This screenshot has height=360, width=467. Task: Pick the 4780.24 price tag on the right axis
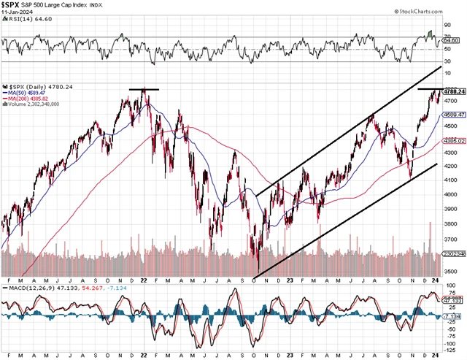pos(454,91)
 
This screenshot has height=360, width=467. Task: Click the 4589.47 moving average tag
pos(454,115)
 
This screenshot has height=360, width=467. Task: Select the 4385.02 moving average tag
pos(454,140)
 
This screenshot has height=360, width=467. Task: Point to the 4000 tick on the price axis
pos(452,194)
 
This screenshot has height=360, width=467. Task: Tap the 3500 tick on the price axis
pos(452,272)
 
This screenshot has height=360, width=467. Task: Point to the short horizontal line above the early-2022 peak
pos(143,89)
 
